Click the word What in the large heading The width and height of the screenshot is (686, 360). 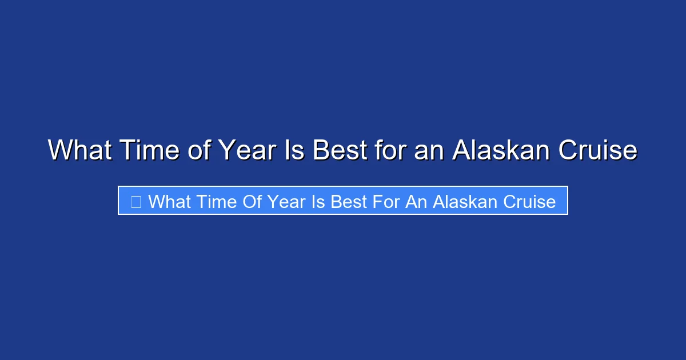pos(79,150)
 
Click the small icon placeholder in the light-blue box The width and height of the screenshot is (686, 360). pos(136,201)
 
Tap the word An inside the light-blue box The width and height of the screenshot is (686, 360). pos(416,201)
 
